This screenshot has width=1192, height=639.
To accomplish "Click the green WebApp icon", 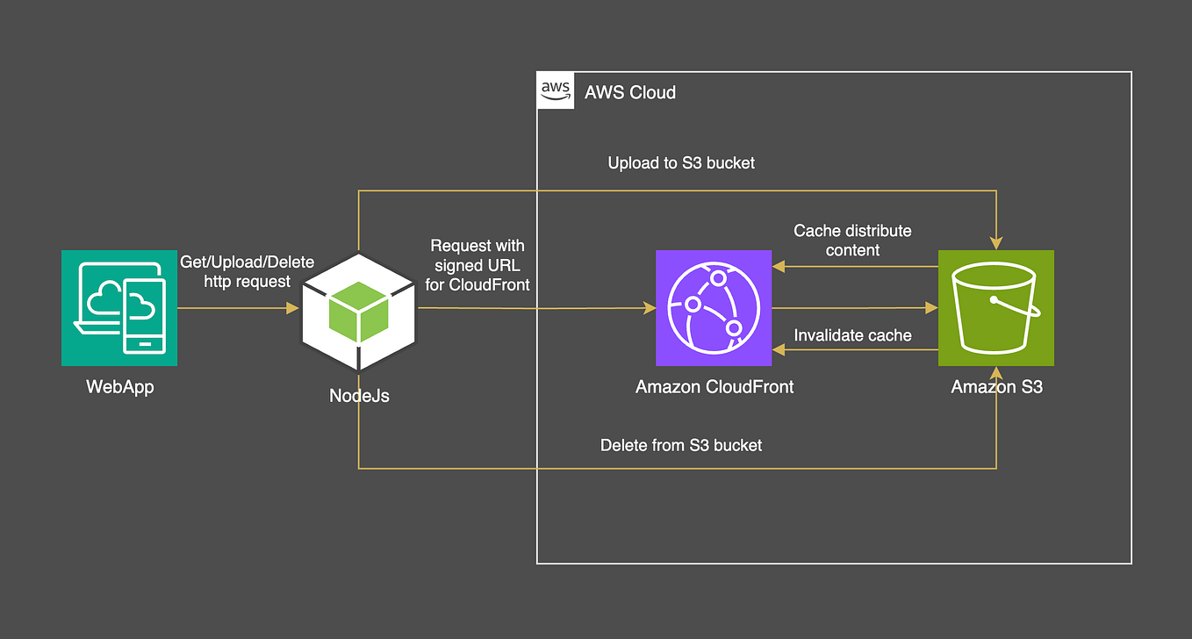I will (118, 308).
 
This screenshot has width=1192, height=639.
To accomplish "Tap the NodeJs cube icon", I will (358, 310).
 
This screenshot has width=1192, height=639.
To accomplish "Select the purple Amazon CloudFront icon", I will (714, 308).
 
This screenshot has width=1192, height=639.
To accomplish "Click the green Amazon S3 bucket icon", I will (996, 308).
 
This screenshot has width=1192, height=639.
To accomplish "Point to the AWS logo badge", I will (555, 91).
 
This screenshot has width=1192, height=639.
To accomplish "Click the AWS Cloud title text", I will (630, 92).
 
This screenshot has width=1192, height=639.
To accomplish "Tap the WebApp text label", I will (119, 387).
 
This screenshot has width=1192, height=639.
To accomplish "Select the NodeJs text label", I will (359, 396).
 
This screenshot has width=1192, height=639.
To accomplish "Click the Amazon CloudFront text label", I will (714, 387).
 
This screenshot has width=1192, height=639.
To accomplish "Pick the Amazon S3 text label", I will (996, 387).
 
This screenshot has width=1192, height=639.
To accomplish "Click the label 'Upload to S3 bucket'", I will (681, 163).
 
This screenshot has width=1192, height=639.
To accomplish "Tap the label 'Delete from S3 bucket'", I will (681, 446).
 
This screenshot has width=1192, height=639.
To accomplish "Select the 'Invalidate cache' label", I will (852, 335).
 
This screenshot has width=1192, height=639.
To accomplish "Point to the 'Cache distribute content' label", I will (852, 241).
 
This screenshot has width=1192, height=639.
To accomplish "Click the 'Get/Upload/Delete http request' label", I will (247, 272).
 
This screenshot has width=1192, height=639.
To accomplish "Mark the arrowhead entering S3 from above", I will (996, 243).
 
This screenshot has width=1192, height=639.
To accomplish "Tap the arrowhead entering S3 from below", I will (996, 373).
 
